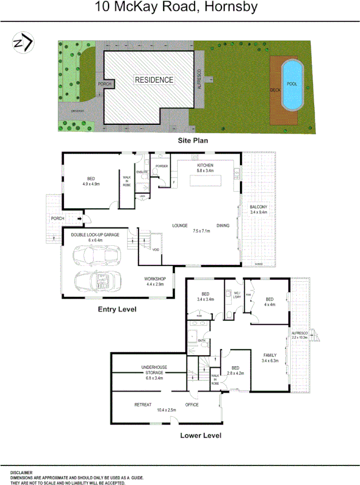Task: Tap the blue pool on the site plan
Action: pos(292,84)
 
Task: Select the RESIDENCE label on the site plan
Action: pos(154,80)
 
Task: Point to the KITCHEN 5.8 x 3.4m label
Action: pos(206,168)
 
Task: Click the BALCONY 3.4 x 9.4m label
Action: pos(259,210)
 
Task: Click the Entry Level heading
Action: pos(117,309)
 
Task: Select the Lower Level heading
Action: pos(201,435)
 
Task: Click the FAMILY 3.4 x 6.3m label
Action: pos(270,357)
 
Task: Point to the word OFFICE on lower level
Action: pos(191,405)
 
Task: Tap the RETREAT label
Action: pos(142,405)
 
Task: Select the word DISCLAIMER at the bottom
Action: pos(21,472)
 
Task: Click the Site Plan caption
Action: pos(193,140)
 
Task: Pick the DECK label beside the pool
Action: pos(275,90)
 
